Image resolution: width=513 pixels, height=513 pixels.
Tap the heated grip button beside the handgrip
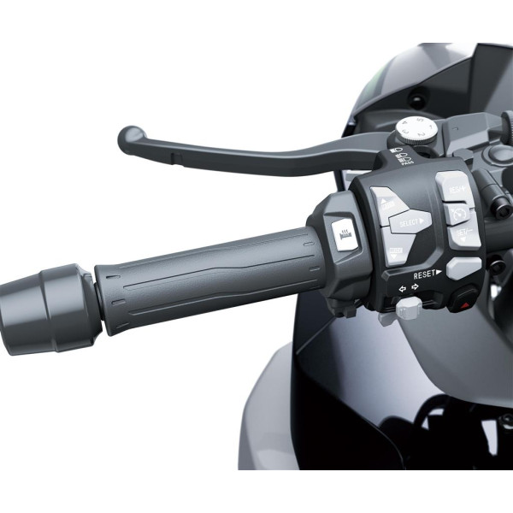(345, 236)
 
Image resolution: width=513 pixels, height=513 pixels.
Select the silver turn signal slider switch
(408, 308)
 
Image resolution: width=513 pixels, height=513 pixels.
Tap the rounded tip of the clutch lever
(131, 139)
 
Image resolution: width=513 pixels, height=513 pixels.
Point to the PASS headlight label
(406, 160)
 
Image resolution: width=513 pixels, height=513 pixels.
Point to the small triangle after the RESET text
(439, 274)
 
